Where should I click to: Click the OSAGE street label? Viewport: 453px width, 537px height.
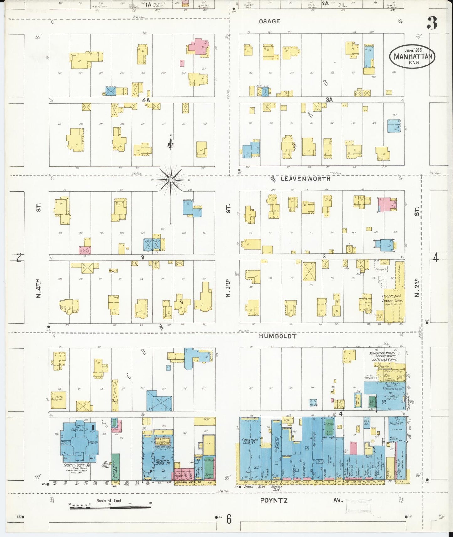click(x=269, y=21)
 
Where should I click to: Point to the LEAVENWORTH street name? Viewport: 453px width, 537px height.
click(x=305, y=179)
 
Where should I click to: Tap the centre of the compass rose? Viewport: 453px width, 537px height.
click(x=171, y=180)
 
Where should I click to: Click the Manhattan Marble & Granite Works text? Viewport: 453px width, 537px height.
click(x=383, y=356)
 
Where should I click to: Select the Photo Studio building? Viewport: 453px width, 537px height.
click(x=59, y=399)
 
